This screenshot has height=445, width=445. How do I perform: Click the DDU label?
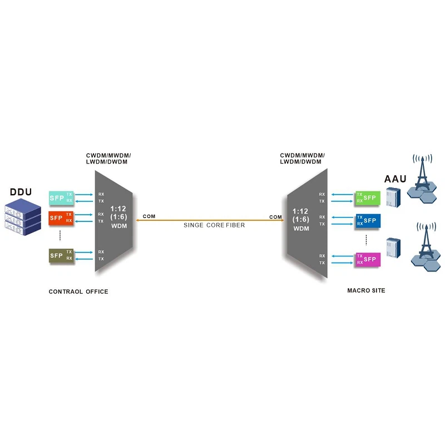click(x=21, y=192)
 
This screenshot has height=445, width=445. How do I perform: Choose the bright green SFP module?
click(x=367, y=197)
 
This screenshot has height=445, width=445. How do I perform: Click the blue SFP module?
click(x=367, y=220)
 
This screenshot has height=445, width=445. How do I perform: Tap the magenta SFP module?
click(x=367, y=259)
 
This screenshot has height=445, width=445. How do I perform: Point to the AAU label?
click(x=395, y=179)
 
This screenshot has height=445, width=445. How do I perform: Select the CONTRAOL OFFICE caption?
click(x=78, y=291)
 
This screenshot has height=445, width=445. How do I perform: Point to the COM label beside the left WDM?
click(x=149, y=215)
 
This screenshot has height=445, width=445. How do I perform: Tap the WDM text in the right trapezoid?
click(x=301, y=229)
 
